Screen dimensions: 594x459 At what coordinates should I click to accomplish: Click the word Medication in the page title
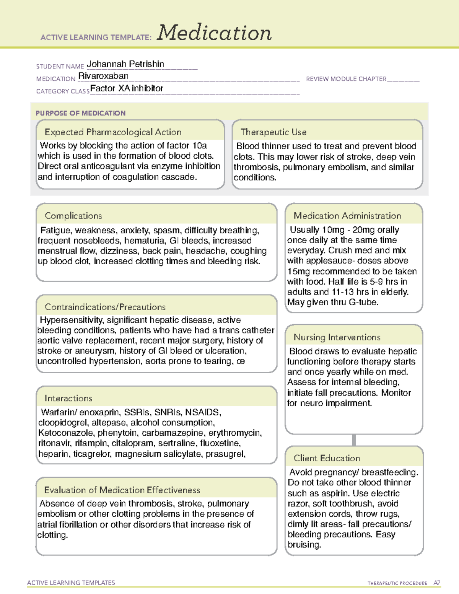pyautogui.click(x=214, y=33)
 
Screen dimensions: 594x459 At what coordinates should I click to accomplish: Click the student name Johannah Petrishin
pyautogui.click(x=125, y=64)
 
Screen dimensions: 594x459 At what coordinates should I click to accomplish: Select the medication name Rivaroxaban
pyautogui.click(x=103, y=76)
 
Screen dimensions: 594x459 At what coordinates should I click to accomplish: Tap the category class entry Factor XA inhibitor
pyautogui.click(x=127, y=88)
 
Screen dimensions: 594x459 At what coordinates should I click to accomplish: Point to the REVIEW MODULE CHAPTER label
pyautogui.click(x=346, y=79)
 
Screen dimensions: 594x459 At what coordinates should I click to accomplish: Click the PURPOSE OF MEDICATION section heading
pyautogui.click(x=80, y=113)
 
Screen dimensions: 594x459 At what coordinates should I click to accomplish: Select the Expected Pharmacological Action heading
pyautogui.click(x=113, y=132)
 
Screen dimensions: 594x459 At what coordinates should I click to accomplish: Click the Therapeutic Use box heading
pyautogui.click(x=273, y=132)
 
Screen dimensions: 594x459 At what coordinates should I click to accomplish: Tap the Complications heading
pyautogui.click(x=73, y=216)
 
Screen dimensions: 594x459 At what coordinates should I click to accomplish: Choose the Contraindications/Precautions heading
pyautogui.click(x=105, y=307)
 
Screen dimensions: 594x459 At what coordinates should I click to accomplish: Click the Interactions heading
pyautogui.click(x=68, y=398)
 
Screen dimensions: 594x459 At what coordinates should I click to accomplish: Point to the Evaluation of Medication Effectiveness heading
pyautogui.click(x=122, y=490)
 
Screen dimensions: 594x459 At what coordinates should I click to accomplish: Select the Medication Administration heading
pyautogui.click(x=347, y=216)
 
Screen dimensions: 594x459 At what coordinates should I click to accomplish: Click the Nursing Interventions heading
pyautogui.click(x=337, y=337)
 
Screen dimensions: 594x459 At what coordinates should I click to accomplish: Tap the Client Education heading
pyautogui.click(x=327, y=458)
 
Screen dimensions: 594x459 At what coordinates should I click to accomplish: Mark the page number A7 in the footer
pyautogui.click(x=437, y=583)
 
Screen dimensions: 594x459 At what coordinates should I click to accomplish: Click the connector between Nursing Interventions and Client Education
pyautogui.click(x=354, y=440)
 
